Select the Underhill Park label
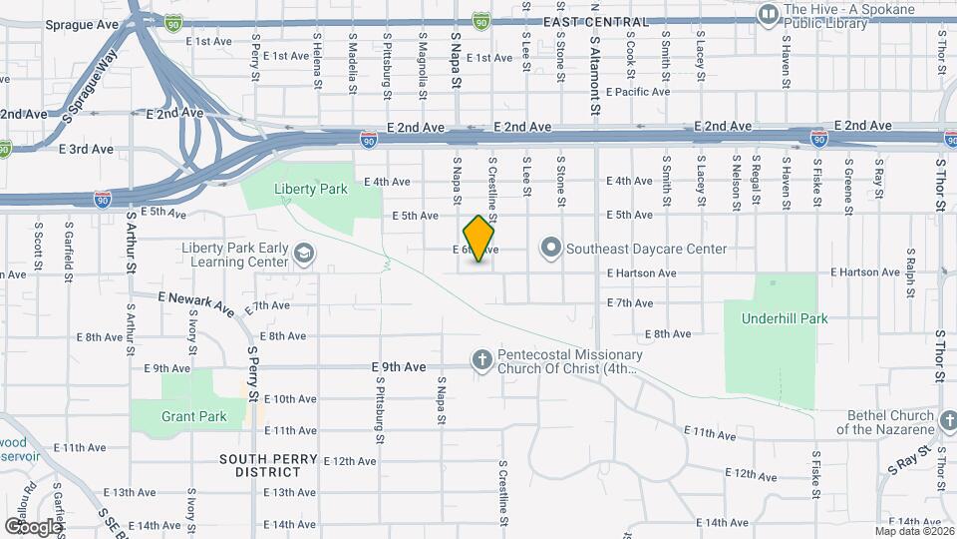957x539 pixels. (785, 319)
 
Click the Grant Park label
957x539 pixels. (193, 416)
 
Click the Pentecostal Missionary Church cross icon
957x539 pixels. (481, 360)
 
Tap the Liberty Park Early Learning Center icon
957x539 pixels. (302, 256)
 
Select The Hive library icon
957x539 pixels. (768, 13)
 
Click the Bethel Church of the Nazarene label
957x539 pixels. (891, 423)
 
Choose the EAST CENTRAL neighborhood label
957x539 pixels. (595, 22)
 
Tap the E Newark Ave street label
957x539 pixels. (197, 298)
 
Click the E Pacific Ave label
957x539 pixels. (637, 92)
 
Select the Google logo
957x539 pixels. (32, 526)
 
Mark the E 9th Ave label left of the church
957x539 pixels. (398, 366)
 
